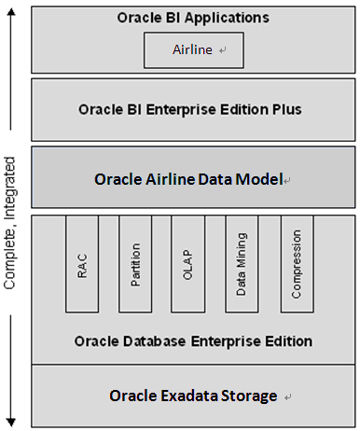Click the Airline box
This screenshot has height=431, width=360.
193,50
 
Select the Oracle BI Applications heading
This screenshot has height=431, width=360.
193,17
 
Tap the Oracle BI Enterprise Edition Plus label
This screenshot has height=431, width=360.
193,109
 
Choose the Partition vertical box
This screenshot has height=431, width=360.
135,264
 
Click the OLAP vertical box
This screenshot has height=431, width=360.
187,264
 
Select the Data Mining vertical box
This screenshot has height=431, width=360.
242,264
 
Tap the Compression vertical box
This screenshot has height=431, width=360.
296,264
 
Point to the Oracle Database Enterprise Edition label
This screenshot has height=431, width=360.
193,341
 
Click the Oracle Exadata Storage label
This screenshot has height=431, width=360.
193,396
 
